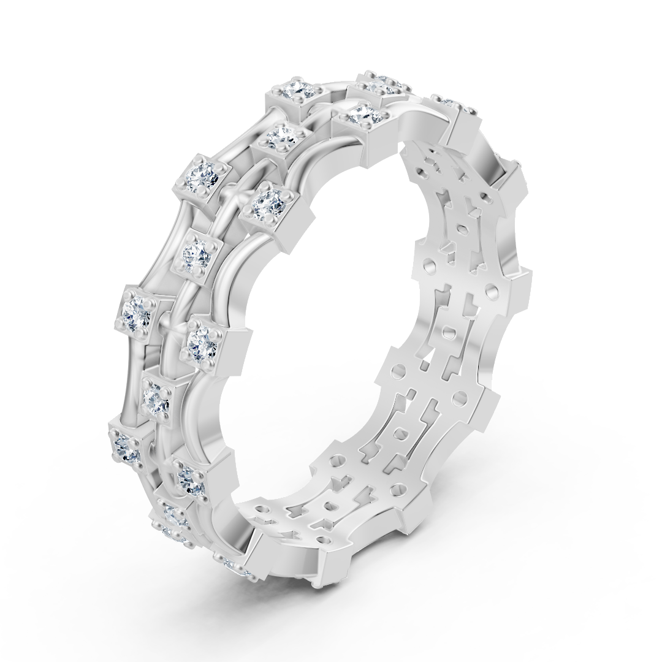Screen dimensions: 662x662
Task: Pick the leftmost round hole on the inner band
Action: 264,508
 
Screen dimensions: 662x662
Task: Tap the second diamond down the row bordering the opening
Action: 267,202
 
